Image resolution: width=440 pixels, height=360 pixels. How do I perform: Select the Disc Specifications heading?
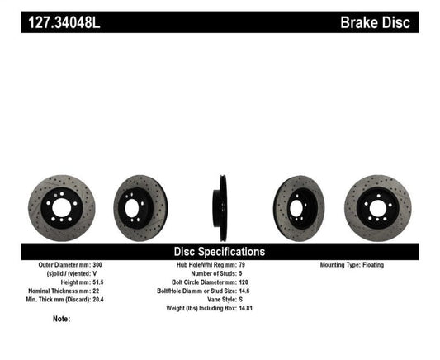click(x=220, y=251)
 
